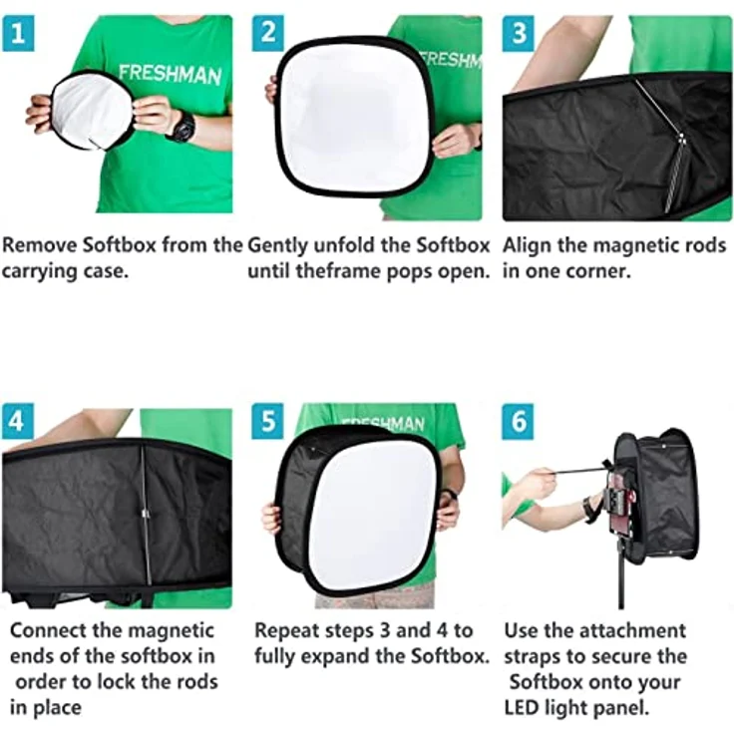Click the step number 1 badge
point(17,33)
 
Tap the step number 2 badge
point(266,33)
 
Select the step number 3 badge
point(518,33)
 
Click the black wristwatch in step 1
point(183,127)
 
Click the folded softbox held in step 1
point(90,111)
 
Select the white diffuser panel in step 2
point(353,117)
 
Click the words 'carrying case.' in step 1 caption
point(65,270)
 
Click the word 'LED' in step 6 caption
point(527,707)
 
